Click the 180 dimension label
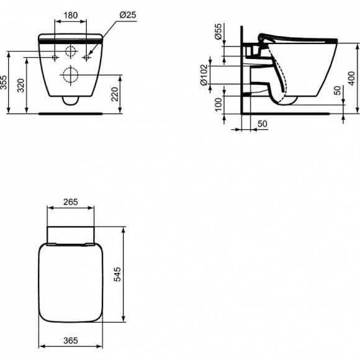click(x=71, y=14)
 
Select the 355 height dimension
click(x=6, y=83)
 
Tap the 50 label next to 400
click(x=337, y=91)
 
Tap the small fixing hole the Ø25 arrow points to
click(x=86, y=58)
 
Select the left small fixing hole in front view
click(x=55, y=58)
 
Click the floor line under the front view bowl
click(x=71, y=114)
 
